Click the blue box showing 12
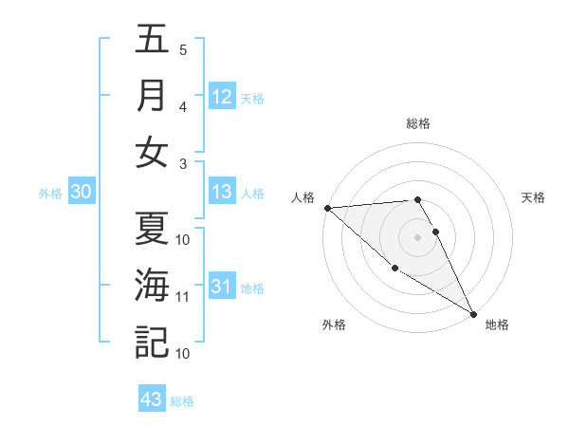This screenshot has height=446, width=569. coord(222,97)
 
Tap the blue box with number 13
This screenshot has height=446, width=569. coord(222,192)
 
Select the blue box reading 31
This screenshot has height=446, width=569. coord(222,287)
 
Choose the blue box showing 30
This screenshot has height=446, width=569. coord(81,192)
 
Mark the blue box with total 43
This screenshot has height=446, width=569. coord(152,400)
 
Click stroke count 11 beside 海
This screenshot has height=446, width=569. coord(182,297)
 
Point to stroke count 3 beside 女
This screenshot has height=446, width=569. coord(184,163)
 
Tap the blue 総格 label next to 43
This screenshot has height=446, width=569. coord(182,401)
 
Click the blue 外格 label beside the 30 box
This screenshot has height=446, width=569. coord(50,194)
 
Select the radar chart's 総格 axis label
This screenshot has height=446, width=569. coord(418,123)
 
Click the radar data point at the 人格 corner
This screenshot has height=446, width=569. coord(327,208)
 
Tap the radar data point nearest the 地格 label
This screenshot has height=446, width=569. coord(472,313)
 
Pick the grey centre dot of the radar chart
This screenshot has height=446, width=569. coord(418,237)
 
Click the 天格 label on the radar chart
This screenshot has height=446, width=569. coord(533,197)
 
